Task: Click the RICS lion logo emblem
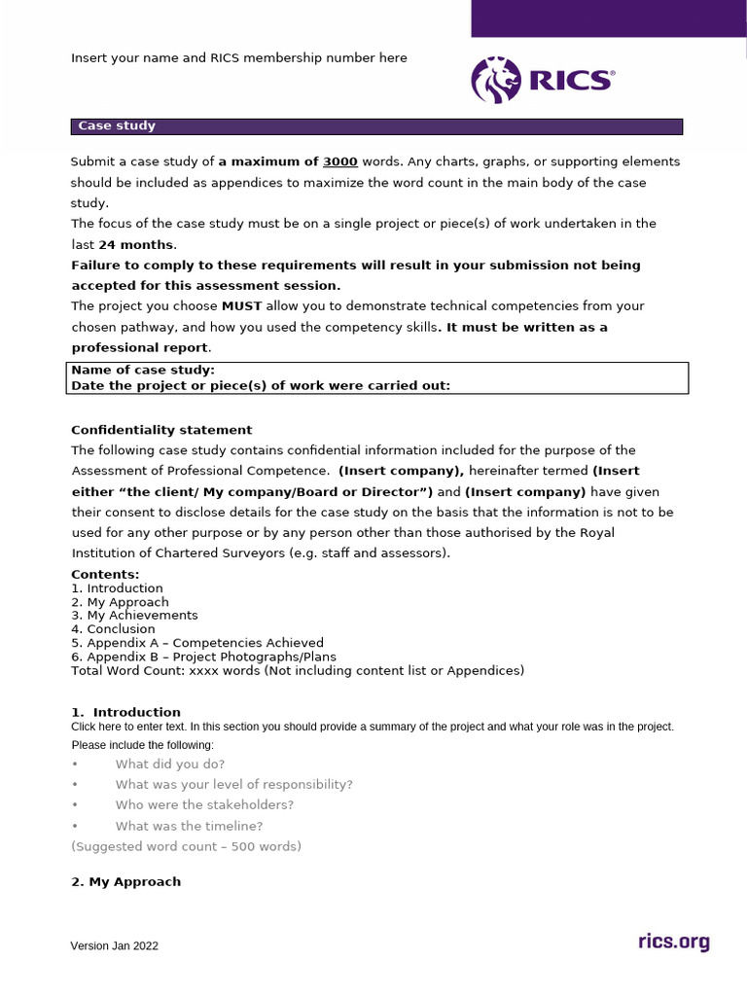coord(496,79)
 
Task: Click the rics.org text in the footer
coord(673,942)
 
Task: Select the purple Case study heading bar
coord(376,126)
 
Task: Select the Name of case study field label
coord(143,371)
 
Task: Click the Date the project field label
coord(261,385)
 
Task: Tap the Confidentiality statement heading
coord(161,430)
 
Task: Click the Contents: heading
coord(105,575)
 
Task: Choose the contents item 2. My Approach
coord(120,602)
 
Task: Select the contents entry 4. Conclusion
coord(113,629)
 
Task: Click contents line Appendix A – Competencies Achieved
coord(197,643)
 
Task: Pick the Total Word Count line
coord(298,670)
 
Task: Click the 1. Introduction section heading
coord(125,712)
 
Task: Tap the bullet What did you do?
coord(169,765)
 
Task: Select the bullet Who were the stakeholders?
coord(204,805)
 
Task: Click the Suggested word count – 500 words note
coord(187,846)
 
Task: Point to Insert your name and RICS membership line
coord(239,58)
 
